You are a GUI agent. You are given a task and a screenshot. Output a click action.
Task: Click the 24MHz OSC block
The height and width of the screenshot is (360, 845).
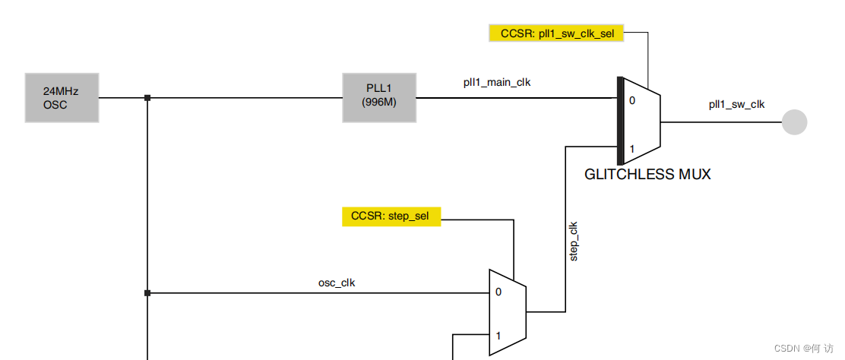[x=62, y=97]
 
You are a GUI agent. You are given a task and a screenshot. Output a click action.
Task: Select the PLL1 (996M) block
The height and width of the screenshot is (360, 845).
[x=379, y=97]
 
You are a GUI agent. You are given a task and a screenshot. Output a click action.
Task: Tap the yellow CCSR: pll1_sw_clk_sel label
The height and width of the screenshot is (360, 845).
[x=555, y=33]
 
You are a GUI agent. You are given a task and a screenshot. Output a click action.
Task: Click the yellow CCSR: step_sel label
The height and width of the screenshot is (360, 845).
[x=391, y=216]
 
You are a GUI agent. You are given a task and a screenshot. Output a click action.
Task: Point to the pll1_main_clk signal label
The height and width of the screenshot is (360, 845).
[x=497, y=83]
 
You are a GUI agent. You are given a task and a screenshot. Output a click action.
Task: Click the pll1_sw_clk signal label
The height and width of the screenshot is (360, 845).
[x=736, y=105]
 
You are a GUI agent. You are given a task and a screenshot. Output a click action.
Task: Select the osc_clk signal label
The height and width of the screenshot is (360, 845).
[x=337, y=283]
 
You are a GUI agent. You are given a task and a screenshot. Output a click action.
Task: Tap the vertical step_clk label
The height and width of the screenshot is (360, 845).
[x=574, y=242]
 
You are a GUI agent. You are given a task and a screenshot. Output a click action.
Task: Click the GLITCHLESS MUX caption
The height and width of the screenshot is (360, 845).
[x=647, y=175]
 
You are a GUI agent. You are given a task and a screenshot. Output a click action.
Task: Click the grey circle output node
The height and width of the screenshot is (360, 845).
[x=795, y=122]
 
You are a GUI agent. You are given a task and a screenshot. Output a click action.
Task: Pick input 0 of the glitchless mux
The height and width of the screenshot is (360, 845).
[x=631, y=99]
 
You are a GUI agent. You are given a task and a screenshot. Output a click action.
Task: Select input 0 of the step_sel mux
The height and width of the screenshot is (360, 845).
[x=498, y=292]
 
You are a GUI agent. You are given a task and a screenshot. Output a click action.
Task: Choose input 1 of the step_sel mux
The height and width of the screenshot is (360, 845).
[x=498, y=335]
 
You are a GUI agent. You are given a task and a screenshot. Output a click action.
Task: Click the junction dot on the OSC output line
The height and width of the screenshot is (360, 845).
[x=147, y=98]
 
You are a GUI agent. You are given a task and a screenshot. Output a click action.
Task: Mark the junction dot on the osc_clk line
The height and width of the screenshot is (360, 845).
[x=147, y=292]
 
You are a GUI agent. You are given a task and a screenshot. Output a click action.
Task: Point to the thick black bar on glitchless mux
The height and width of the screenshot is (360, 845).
[x=620, y=121]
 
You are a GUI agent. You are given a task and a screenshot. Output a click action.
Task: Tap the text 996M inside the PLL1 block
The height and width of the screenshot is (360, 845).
[x=379, y=103]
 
